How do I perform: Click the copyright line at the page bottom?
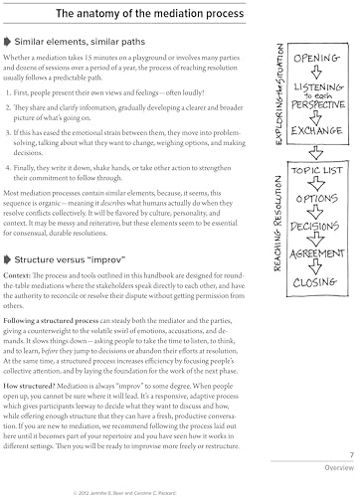[x=139, y=488]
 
